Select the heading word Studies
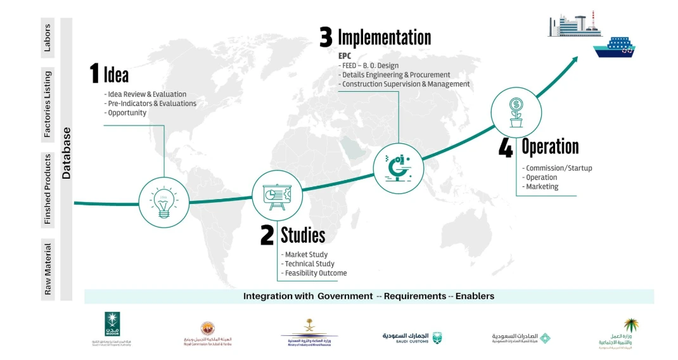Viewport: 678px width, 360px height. [303, 235]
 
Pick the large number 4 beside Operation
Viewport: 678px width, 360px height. [506, 147]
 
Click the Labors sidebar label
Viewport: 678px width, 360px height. [48, 38]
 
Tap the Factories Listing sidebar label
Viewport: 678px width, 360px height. [48, 104]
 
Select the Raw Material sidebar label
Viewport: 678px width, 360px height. [48, 269]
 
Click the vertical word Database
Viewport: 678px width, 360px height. [67, 153]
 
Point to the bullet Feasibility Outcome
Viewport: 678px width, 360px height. [316, 273]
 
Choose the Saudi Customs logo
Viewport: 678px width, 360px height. [412, 337]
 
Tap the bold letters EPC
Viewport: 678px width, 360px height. [345, 56]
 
